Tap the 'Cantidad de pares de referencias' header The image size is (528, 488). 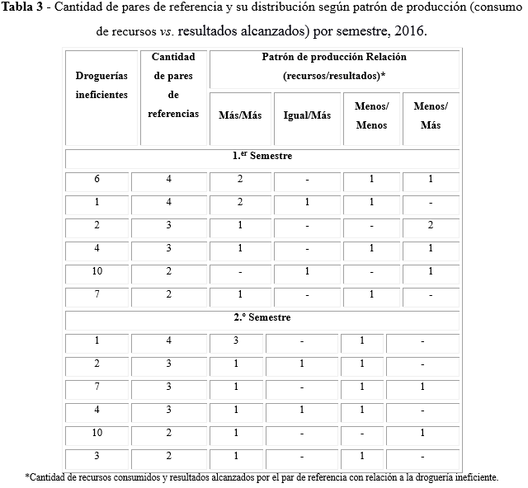click(173, 85)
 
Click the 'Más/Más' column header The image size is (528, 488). click(240, 116)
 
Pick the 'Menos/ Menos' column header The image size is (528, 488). click(371, 116)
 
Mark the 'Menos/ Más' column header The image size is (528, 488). click(431, 116)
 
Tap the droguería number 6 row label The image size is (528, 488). click(97, 180)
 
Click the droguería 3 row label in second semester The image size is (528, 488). click(97, 456)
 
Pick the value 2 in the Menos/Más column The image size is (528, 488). click(431, 226)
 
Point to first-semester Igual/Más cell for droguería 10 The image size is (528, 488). click(306, 272)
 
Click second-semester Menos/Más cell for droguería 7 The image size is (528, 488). click(422, 387)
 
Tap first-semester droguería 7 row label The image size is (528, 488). click(97, 294)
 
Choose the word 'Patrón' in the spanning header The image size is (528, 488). click(280, 58)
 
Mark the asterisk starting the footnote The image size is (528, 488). click(28, 477)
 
